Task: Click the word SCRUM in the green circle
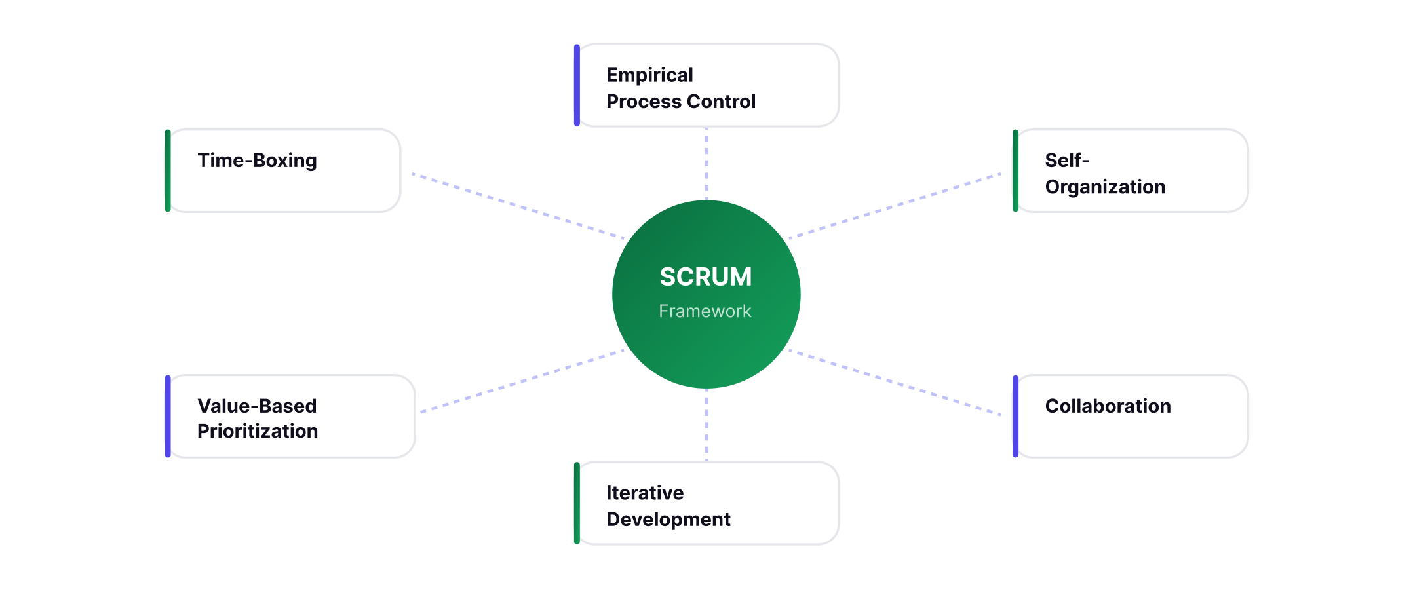coord(705,277)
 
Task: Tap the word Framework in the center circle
coord(705,311)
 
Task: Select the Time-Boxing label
coord(257,161)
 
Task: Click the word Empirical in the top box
coord(649,75)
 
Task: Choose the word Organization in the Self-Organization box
coord(1105,187)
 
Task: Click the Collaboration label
coord(1108,406)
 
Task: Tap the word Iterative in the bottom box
coord(644,493)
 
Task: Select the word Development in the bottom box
coord(668,520)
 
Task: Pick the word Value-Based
coord(257,406)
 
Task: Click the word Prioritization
coord(258,431)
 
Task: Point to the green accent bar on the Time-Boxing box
coord(168,171)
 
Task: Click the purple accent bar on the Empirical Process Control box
coord(577,85)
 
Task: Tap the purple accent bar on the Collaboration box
coord(1015,417)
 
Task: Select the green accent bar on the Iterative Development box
coord(577,503)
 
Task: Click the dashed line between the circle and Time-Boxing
coord(518,206)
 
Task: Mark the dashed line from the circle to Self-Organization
coord(895,206)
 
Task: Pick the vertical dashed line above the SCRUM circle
coord(706,164)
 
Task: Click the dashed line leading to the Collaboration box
coord(895,383)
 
